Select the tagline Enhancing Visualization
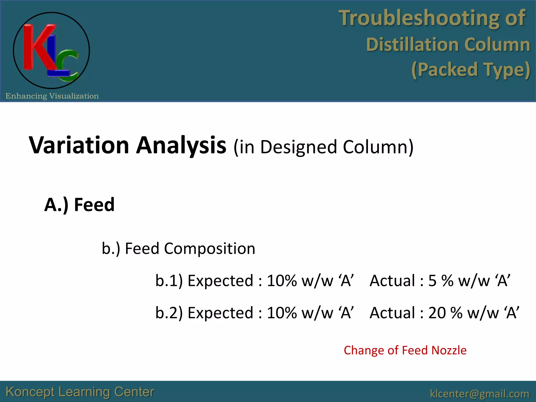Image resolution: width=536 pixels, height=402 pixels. pos(52,96)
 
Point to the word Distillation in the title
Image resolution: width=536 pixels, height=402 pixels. pos(412,44)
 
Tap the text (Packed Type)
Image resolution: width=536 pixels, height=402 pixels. pos(471,70)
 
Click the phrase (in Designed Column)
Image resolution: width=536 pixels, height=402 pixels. pos(323,147)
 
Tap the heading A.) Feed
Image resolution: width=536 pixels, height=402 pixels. pos(79,205)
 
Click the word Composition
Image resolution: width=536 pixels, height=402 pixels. pos(209,248)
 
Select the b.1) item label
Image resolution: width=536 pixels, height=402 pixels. pos(169,281)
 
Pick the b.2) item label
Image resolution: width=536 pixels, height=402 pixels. pos(169,313)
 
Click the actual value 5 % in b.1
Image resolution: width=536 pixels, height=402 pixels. pos(441,281)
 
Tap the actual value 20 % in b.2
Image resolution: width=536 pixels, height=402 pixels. pos(445,313)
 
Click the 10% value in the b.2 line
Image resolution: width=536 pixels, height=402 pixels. pos(282,313)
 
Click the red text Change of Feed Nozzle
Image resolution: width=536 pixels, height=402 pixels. pos(405,350)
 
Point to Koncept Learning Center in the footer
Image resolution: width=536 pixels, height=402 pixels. pos(80,392)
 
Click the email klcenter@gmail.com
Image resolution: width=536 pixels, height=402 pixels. pos(479,394)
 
